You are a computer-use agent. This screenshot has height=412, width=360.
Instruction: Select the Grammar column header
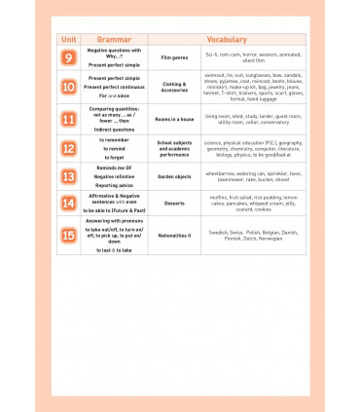pyautogui.click(x=115, y=39)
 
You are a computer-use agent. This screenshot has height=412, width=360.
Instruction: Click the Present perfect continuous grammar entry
pyautogui.click(x=114, y=87)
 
